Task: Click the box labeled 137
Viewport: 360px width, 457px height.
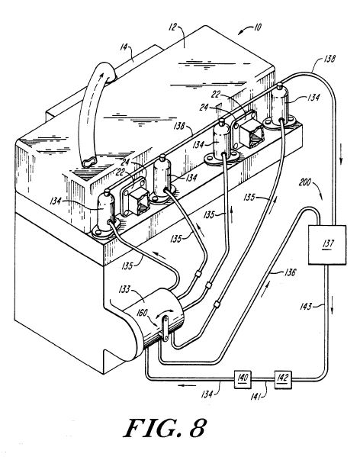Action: click(x=327, y=245)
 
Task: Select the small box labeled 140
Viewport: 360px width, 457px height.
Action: click(x=243, y=378)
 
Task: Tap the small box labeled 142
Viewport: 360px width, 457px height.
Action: click(x=283, y=379)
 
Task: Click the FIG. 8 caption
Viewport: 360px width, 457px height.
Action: click(x=166, y=428)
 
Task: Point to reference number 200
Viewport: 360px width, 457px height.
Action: click(x=304, y=183)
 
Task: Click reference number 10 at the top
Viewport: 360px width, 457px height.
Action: click(x=258, y=27)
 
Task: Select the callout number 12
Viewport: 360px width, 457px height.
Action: click(x=172, y=27)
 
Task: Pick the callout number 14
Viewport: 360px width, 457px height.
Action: click(x=124, y=47)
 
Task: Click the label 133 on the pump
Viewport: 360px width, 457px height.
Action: click(x=124, y=289)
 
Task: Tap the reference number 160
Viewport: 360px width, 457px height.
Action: click(x=142, y=313)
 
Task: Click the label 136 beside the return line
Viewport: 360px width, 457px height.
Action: click(x=290, y=272)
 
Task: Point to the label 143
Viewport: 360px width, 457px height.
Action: click(x=306, y=306)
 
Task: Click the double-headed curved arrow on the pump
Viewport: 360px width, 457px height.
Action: click(x=165, y=314)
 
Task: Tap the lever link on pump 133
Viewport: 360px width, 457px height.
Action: click(x=165, y=329)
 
